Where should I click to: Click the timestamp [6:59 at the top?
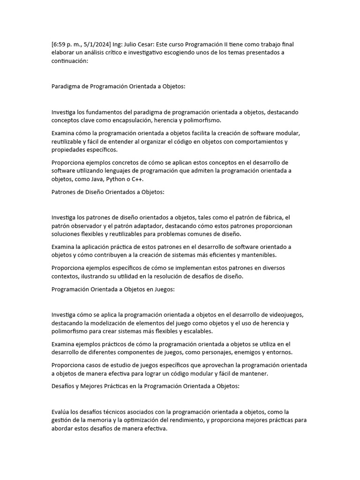point(60,45)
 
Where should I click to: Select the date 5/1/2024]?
point(98,45)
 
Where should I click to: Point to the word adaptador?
point(142,226)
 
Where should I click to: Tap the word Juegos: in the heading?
point(163,289)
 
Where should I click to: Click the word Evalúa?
point(62,412)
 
